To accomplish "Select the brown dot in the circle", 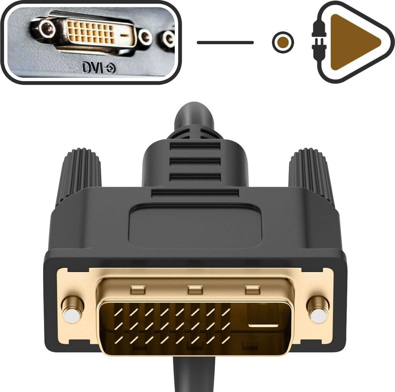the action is (x=283, y=42).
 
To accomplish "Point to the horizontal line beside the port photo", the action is (x=225, y=42).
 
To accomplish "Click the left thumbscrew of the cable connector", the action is (x=79, y=173).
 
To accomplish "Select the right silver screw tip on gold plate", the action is (x=319, y=314).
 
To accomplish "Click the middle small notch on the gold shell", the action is (x=195, y=289).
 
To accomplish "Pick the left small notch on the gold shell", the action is (x=137, y=289).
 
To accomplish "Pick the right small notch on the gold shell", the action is (x=253, y=289).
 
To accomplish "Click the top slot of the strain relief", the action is (x=195, y=146).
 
